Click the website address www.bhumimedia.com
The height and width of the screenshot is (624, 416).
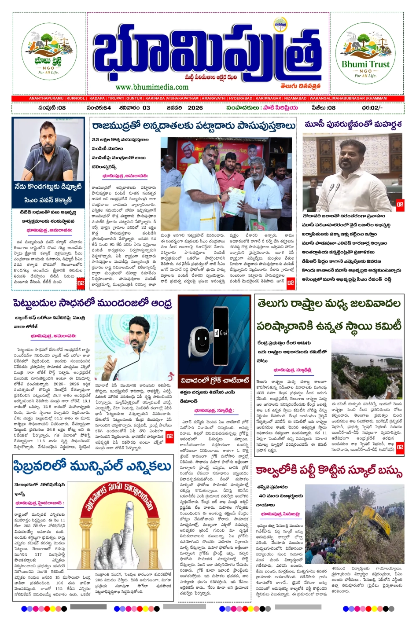coord(152,87)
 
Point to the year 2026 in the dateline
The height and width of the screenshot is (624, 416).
coord(195,108)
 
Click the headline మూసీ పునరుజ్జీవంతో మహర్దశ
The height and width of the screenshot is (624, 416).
coord(353,125)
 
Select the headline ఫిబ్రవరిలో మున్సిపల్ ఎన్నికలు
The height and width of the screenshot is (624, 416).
coord(92,467)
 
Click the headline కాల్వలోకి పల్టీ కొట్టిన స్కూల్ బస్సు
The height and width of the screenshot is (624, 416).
coord(329,472)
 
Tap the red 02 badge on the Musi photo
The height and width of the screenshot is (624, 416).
coord(400,205)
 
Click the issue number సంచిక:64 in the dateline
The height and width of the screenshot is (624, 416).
coord(99,108)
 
